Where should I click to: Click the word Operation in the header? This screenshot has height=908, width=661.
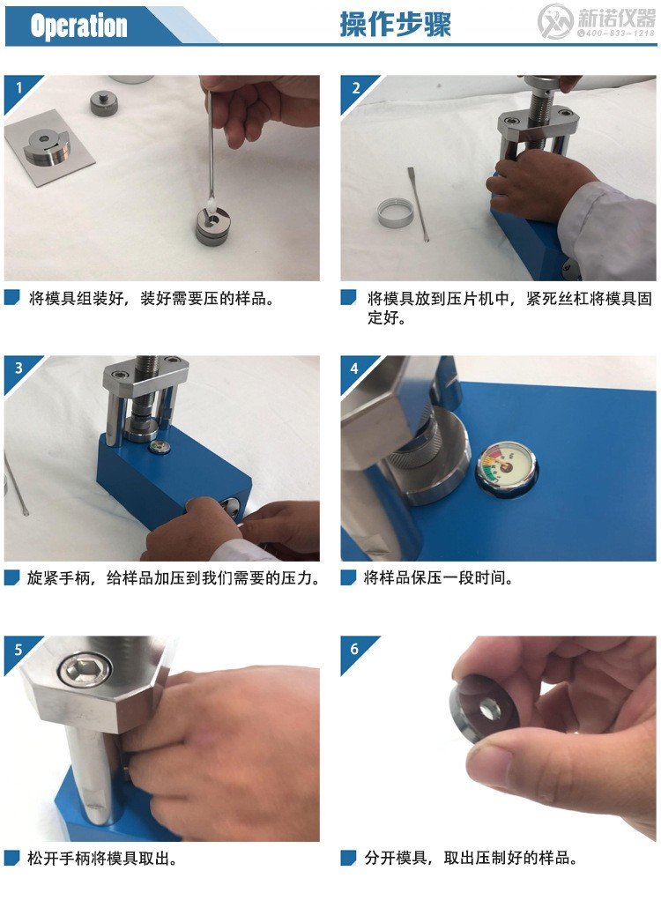tap(78, 26)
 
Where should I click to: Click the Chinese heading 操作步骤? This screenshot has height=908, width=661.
tap(395, 24)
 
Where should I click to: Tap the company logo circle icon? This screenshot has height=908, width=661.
tap(555, 21)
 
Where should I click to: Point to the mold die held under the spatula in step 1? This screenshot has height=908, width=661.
tap(212, 224)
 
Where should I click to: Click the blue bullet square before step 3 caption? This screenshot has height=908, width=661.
tap(11, 578)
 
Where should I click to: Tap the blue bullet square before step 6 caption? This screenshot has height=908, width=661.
tap(349, 858)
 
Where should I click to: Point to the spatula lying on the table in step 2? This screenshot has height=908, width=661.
tap(418, 203)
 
